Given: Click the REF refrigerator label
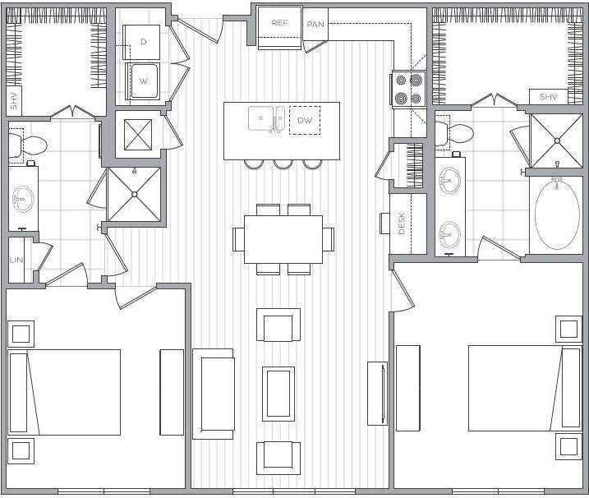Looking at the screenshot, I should click(x=279, y=23).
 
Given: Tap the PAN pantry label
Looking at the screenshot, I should click(x=315, y=25).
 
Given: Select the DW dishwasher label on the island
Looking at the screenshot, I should click(x=305, y=121).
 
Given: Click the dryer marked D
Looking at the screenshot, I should click(x=143, y=41).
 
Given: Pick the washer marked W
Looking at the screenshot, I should click(x=143, y=81).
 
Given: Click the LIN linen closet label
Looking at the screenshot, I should click(x=16, y=260).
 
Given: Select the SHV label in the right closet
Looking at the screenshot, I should click(x=548, y=97).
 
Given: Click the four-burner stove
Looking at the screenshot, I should click(x=407, y=89).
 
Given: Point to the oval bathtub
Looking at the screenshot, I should click(x=557, y=215).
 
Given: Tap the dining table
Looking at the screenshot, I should click(x=283, y=238).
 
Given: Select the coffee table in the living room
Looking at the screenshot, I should click(x=278, y=394).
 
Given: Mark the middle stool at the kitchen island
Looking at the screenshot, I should click(x=283, y=163).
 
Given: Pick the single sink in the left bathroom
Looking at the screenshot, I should click(x=22, y=197).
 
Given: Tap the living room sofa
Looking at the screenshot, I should click(x=213, y=393).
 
